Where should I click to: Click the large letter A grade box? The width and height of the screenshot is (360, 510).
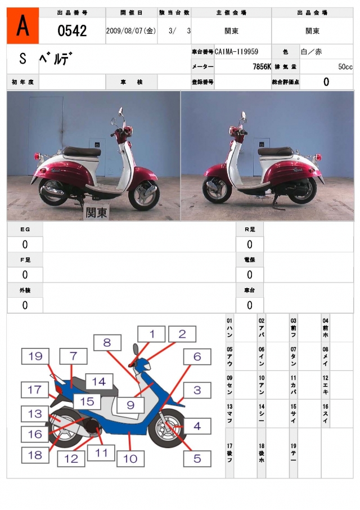pyautogui.click(x=22, y=26)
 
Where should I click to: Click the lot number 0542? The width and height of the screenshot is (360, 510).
pyautogui.click(x=72, y=30)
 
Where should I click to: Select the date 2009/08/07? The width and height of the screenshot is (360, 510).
pyautogui.click(x=131, y=31)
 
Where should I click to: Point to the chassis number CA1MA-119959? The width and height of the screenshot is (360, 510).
pyautogui.click(x=236, y=52)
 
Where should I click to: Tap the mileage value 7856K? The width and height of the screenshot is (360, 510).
pyautogui.click(x=262, y=66)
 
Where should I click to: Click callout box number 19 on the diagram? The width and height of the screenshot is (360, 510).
pyautogui.click(x=35, y=356)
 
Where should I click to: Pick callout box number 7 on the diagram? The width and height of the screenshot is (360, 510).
pyautogui.click(x=73, y=356)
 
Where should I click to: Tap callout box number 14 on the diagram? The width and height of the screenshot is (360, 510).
pyautogui.click(x=98, y=382)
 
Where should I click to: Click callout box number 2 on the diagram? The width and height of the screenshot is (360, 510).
pyautogui.click(x=182, y=334)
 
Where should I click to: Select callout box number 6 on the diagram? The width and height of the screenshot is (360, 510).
pyautogui.click(x=197, y=356)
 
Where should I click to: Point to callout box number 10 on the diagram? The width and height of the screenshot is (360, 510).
pyautogui.click(x=130, y=458)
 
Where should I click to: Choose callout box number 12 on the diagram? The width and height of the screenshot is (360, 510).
pyautogui.click(x=71, y=458)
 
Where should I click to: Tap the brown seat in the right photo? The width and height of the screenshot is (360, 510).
pyautogui.click(x=275, y=151)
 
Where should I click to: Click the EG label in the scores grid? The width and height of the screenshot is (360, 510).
pyautogui.click(x=25, y=230)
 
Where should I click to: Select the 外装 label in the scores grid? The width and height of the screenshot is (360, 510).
pyautogui.click(x=25, y=290)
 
